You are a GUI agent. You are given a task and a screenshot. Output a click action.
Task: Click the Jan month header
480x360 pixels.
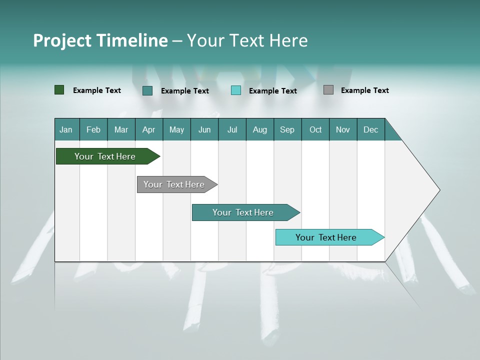(66, 129)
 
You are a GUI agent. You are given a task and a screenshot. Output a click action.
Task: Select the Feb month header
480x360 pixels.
(93, 129)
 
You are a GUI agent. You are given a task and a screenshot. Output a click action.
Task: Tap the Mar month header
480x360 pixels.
(121, 129)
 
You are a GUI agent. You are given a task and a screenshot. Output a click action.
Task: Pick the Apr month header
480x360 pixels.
(149, 129)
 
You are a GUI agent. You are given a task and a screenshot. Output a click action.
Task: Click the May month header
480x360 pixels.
(176, 129)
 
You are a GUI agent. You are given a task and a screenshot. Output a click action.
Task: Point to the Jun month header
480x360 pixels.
(204, 129)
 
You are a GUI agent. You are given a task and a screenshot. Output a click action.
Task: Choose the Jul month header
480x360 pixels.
(232, 129)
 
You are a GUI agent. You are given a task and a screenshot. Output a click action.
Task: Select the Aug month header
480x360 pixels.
(260, 129)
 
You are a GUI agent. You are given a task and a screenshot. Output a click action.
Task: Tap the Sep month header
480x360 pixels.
(287, 129)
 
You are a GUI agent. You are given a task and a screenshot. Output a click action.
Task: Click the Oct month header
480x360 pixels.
(315, 129)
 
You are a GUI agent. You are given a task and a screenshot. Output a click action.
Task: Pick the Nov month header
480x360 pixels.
(343, 129)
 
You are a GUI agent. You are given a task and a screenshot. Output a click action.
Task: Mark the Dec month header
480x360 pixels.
(371, 129)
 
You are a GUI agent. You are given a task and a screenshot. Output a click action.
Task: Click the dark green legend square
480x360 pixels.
(59, 90)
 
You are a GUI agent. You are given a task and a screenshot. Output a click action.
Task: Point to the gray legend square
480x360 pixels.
(328, 90)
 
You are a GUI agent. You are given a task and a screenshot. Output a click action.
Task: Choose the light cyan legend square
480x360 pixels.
(236, 90)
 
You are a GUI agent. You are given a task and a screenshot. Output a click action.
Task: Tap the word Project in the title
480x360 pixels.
(62, 40)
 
